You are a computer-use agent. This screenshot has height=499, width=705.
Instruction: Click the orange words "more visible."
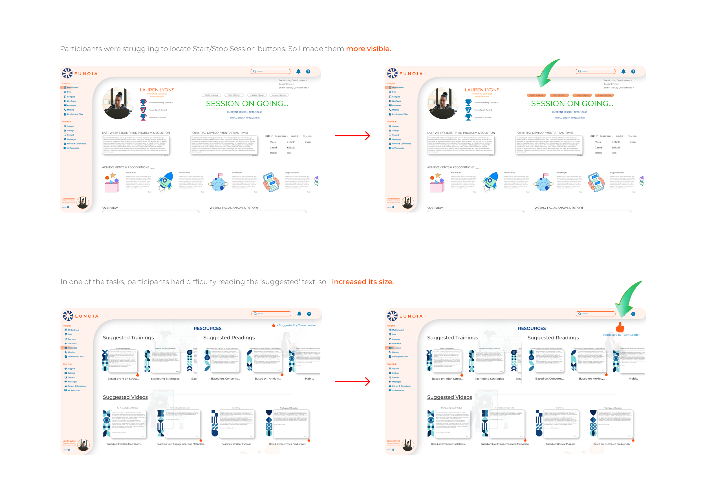(x=368, y=48)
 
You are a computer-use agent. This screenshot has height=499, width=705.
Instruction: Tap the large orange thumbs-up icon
(x=620, y=327)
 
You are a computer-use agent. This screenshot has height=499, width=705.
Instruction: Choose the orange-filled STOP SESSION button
(x=559, y=95)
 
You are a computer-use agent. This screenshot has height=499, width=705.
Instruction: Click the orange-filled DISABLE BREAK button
(x=604, y=95)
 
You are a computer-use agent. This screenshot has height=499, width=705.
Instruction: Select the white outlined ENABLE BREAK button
(x=257, y=95)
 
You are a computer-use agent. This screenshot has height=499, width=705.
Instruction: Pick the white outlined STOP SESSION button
(x=234, y=95)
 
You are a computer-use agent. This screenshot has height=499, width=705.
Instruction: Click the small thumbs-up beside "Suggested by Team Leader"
(x=273, y=325)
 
